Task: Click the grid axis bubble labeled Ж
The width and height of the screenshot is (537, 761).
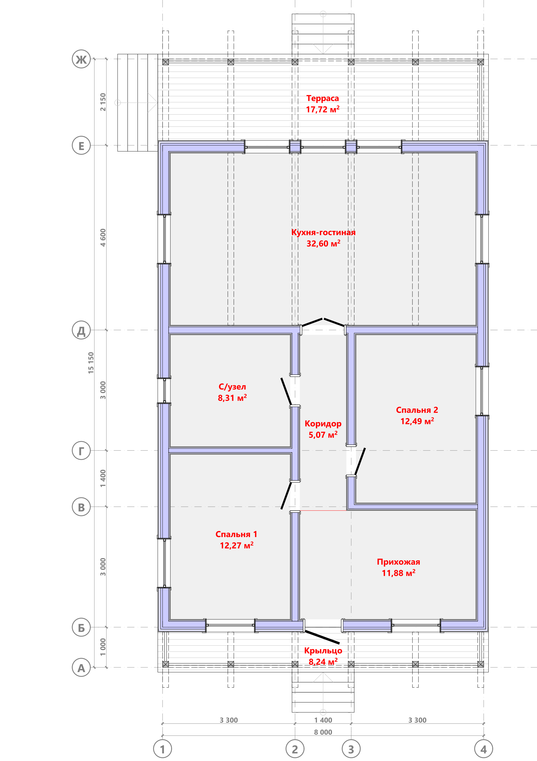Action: [x=81, y=59]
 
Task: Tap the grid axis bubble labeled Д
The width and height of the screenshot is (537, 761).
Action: [x=81, y=330]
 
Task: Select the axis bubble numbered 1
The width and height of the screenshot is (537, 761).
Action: [x=162, y=749]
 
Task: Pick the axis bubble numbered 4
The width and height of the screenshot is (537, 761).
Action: [x=484, y=749]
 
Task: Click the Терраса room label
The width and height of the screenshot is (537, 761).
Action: [x=323, y=98]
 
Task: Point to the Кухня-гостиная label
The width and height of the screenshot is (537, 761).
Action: [x=323, y=232]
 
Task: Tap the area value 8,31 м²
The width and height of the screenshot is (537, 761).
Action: [x=232, y=398]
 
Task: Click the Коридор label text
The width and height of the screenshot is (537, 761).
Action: [x=323, y=424]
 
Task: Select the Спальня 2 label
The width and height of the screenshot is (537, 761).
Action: [x=417, y=410]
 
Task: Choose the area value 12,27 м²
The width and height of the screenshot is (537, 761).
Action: [x=237, y=545]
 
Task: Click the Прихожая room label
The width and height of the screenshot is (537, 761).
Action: [x=398, y=562]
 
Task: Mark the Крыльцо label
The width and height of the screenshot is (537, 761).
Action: [x=323, y=651]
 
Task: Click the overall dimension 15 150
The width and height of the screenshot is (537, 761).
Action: [x=91, y=363]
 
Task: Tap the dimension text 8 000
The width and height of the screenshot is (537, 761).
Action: [x=323, y=732]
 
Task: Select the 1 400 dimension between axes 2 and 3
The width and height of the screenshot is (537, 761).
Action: [x=323, y=720]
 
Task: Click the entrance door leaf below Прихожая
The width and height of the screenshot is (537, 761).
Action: [x=322, y=637]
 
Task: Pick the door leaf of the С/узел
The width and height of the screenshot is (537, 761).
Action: [x=286, y=391]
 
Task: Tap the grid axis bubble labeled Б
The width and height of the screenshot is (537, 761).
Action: [x=81, y=627]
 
